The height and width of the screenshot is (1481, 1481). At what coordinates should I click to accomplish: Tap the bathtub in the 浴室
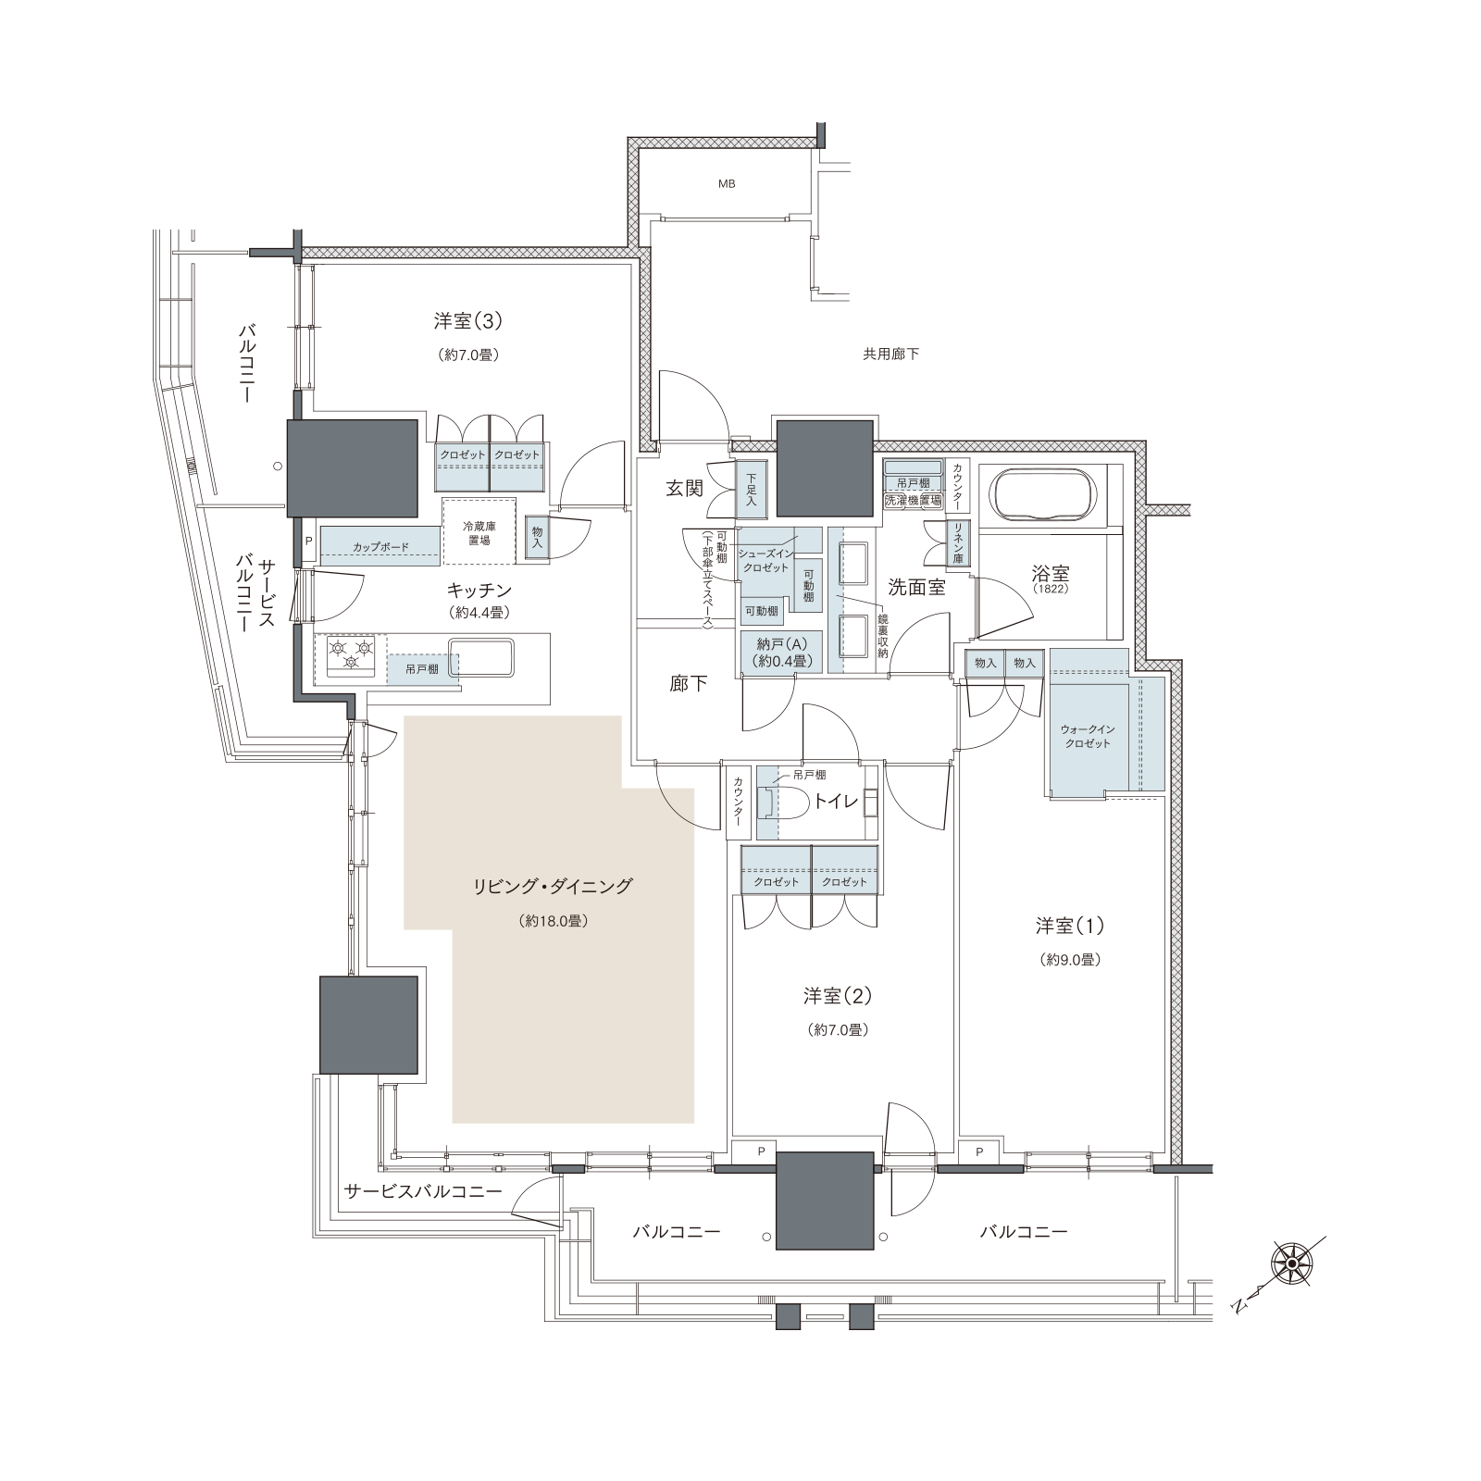point(1048,497)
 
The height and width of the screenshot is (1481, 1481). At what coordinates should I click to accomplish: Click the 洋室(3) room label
point(467,321)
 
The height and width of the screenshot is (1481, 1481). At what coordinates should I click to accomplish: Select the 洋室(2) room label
point(838,996)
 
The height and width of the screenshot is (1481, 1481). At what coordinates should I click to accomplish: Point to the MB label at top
point(727,184)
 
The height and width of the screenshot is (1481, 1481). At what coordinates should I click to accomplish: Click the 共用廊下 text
point(890,354)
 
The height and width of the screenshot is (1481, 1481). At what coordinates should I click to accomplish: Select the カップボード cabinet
point(380,546)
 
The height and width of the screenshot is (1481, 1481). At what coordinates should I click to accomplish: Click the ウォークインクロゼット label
point(1087,736)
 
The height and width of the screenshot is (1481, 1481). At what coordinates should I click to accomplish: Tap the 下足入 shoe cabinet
point(751,491)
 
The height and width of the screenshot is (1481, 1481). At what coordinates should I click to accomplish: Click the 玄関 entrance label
point(684,489)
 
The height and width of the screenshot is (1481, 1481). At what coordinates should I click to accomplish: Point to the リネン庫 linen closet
point(958,544)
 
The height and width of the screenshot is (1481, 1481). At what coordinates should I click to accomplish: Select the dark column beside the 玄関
point(825,467)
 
